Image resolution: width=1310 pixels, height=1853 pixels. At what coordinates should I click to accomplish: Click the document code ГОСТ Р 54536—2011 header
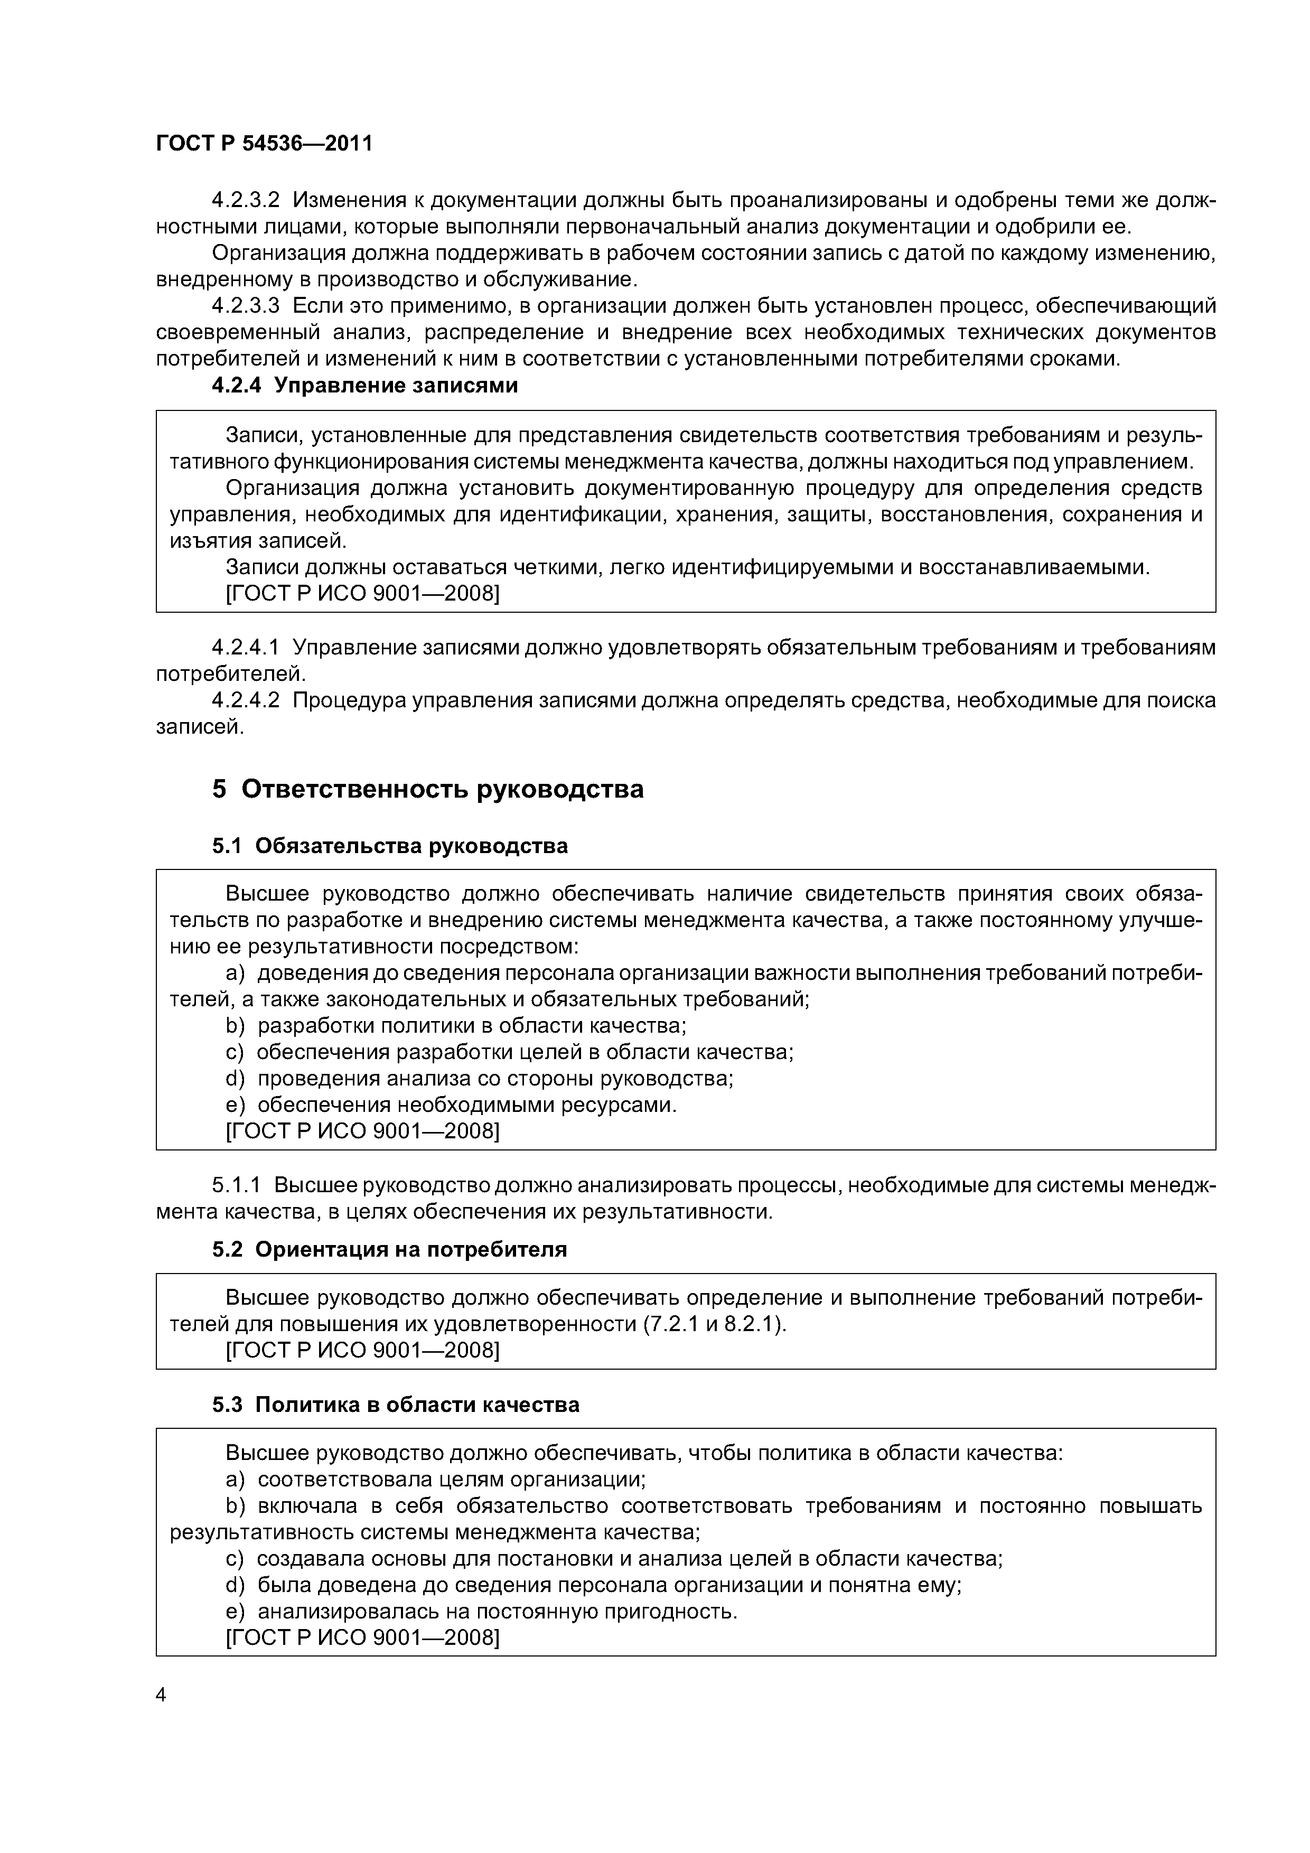click(264, 144)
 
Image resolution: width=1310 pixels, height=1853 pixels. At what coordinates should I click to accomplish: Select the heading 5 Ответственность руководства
click(428, 789)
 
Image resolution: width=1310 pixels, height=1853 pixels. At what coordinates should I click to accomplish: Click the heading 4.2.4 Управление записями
click(364, 386)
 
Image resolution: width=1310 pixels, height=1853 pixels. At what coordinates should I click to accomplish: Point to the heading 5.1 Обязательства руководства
click(390, 846)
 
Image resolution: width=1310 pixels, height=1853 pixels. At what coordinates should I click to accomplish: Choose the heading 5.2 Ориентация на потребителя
click(389, 1249)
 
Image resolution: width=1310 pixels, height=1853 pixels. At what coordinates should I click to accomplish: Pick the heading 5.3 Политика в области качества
click(396, 1405)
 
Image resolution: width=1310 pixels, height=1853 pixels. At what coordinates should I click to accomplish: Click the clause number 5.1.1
click(237, 1185)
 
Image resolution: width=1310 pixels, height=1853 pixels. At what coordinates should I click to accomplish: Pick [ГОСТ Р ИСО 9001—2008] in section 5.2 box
click(362, 1350)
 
